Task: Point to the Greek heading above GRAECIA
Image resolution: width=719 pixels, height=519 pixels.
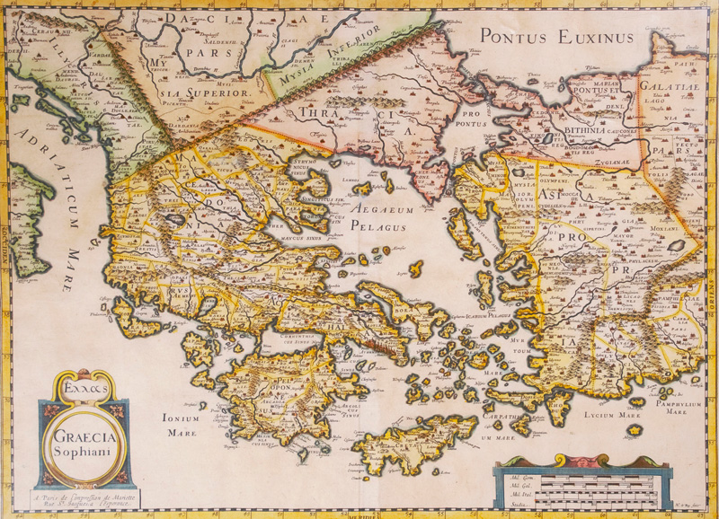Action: [x=86, y=391]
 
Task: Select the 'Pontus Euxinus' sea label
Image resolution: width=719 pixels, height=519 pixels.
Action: [x=556, y=37]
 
